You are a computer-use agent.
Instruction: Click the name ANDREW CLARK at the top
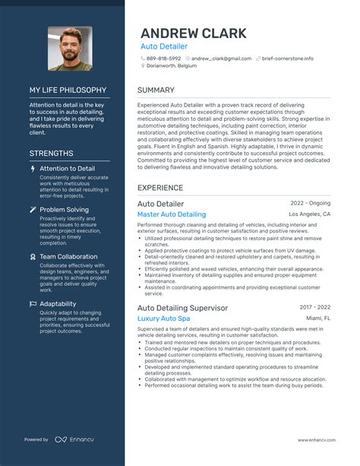click(x=193, y=33)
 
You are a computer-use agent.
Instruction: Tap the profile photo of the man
click(x=70, y=49)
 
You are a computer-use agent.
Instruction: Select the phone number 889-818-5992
click(x=163, y=58)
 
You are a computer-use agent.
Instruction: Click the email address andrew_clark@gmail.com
click(x=221, y=58)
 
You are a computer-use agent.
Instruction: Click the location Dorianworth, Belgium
click(x=177, y=66)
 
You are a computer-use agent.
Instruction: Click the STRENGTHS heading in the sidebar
click(x=52, y=153)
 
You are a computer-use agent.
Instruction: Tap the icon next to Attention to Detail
click(x=33, y=169)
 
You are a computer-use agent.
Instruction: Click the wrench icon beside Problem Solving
click(x=33, y=209)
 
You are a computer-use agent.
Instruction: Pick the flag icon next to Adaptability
click(x=33, y=304)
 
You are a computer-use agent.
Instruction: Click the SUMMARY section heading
click(x=156, y=90)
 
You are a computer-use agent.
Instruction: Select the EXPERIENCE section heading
click(x=160, y=187)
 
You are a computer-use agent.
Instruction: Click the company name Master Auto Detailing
click(x=172, y=215)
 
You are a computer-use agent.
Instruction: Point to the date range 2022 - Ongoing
click(x=311, y=204)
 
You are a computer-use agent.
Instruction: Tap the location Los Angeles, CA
click(x=310, y=214)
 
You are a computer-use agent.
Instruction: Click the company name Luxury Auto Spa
click(x=163, y=318)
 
